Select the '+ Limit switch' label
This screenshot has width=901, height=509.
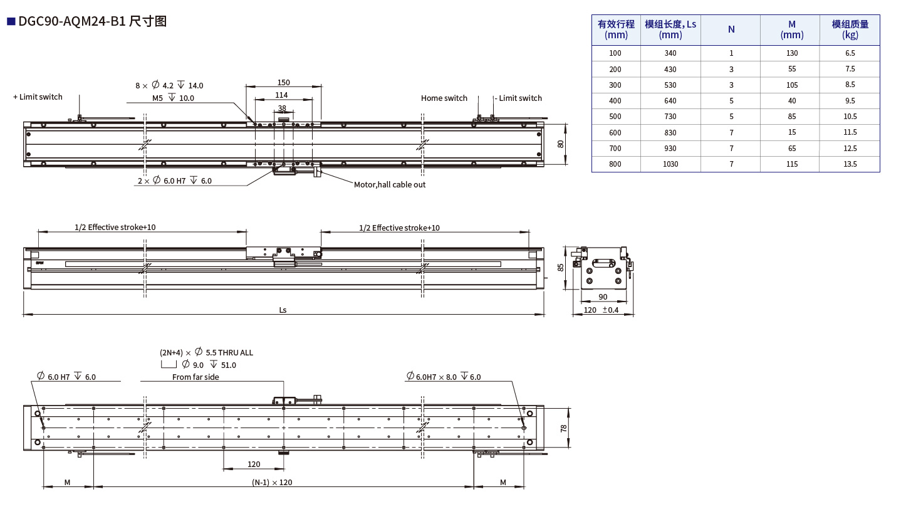click(x=38, y=97)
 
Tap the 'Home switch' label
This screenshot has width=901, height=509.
click(x=444, y=98)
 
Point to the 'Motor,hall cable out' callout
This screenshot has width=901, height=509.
click(x=389, y=185)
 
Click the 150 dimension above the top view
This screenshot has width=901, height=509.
click(x=283, y=83)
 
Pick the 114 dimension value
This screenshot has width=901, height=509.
click(x=281, y=95)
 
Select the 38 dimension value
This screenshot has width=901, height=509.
click(x=282, y=108)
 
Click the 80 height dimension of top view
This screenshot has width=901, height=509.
click(x=561, y=144)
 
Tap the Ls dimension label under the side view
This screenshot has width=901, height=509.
click(x=283, y=310)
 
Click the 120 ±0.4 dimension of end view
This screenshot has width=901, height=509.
click(x=600, y=310)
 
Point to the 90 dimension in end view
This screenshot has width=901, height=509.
click(x=603, y=296)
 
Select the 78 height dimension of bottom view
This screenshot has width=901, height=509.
click(x=563, y=428)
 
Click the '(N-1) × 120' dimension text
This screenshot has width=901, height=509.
click(x=272, y=483)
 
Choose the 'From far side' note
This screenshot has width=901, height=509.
click(x=195, y=377)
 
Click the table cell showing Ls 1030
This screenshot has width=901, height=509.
click(x=670, y=164)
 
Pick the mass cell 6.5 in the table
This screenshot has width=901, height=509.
click(x=849, y=53)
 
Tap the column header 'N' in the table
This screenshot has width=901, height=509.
click(x=731, y=29)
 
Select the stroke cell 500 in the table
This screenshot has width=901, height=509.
click(x=615, y=117)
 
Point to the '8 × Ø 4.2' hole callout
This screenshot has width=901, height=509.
click(x=169, y=86)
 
